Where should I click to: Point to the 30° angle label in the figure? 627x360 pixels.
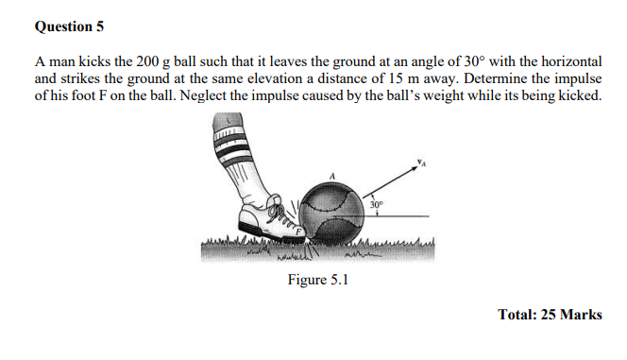(x=377, y=204)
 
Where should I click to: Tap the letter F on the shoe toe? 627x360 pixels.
(x=299, y=230)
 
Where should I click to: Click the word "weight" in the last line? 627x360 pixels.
(x=437, y=95)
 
